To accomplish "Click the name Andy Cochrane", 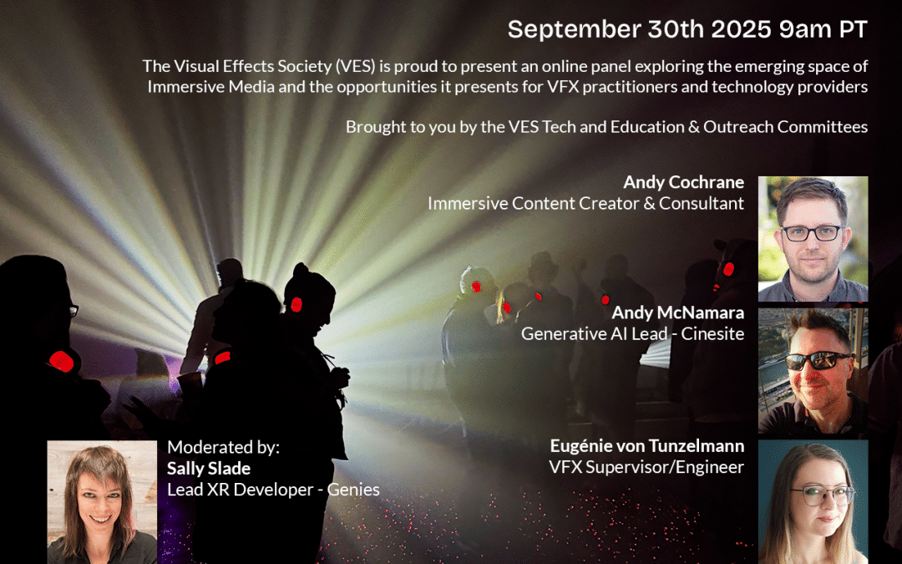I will (683, 182).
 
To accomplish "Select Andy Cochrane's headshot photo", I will (813, 238).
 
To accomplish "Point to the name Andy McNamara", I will (677, 312).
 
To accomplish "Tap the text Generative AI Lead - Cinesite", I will (632, 333).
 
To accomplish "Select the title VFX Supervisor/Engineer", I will (646, 467).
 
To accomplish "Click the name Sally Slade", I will (208, 469).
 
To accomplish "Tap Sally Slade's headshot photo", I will (102, 502).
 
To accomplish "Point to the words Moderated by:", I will (223, 447).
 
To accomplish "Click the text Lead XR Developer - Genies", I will (273, 490).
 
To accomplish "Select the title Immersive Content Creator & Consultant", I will (585, 203).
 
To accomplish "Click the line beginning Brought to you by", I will (606, 127).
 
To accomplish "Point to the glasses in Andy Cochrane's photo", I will (810, 233).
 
